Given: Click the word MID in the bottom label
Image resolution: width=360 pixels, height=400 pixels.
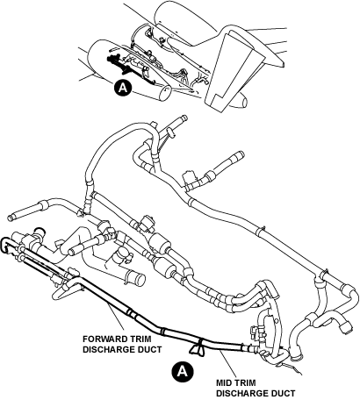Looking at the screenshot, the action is (225, 382).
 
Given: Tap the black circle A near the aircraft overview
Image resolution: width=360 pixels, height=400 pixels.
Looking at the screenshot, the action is (123, 88).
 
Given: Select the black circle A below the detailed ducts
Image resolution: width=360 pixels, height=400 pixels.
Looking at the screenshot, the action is (183, 371).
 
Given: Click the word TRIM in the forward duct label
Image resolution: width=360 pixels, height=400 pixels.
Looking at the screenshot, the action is (140, 339).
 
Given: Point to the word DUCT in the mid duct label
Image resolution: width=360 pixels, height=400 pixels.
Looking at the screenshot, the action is (283, 393).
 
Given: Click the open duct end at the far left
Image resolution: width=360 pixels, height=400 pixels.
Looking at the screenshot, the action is (10, 218).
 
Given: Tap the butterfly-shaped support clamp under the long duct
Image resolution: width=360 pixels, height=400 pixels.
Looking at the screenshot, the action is (198, 349).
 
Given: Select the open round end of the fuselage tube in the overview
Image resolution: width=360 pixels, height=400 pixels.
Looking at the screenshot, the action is (165, 93).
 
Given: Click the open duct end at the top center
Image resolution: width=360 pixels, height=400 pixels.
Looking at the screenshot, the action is (184, 118).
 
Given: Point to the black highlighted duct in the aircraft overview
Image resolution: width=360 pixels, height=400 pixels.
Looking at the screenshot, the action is (129, 69).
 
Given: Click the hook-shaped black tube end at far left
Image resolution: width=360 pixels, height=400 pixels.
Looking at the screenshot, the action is (5, 244).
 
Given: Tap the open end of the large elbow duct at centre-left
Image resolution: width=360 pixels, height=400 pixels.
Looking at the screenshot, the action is (140, 280).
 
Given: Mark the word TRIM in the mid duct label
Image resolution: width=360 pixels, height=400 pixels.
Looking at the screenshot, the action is (245, 382).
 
